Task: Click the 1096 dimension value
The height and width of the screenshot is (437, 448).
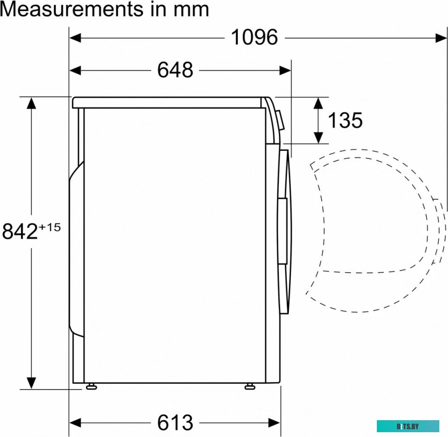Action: (254, 37)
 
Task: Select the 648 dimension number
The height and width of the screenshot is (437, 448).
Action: (175, 70)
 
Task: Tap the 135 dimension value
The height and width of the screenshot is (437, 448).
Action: (345, 120)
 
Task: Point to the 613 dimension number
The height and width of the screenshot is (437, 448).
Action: (175, 423)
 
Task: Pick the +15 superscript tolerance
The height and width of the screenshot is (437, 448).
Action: (50, 228)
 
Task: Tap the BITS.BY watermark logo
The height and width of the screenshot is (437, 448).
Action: (408, 426)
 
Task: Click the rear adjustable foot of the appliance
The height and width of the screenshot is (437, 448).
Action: (91, 387)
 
